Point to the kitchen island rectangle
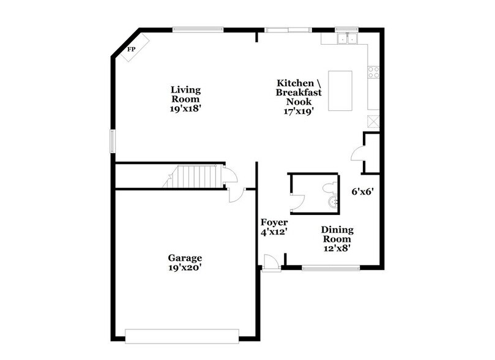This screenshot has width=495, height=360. tap(341, 91)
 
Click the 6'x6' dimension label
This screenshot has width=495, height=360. tap(362, 190)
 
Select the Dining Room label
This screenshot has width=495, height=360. tap(337, 234)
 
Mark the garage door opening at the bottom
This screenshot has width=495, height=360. tap(182, 336)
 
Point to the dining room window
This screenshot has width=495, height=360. tap(331, 268)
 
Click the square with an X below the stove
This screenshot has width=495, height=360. tap(372, 121)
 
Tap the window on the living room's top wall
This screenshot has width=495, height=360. tap(198, 29)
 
